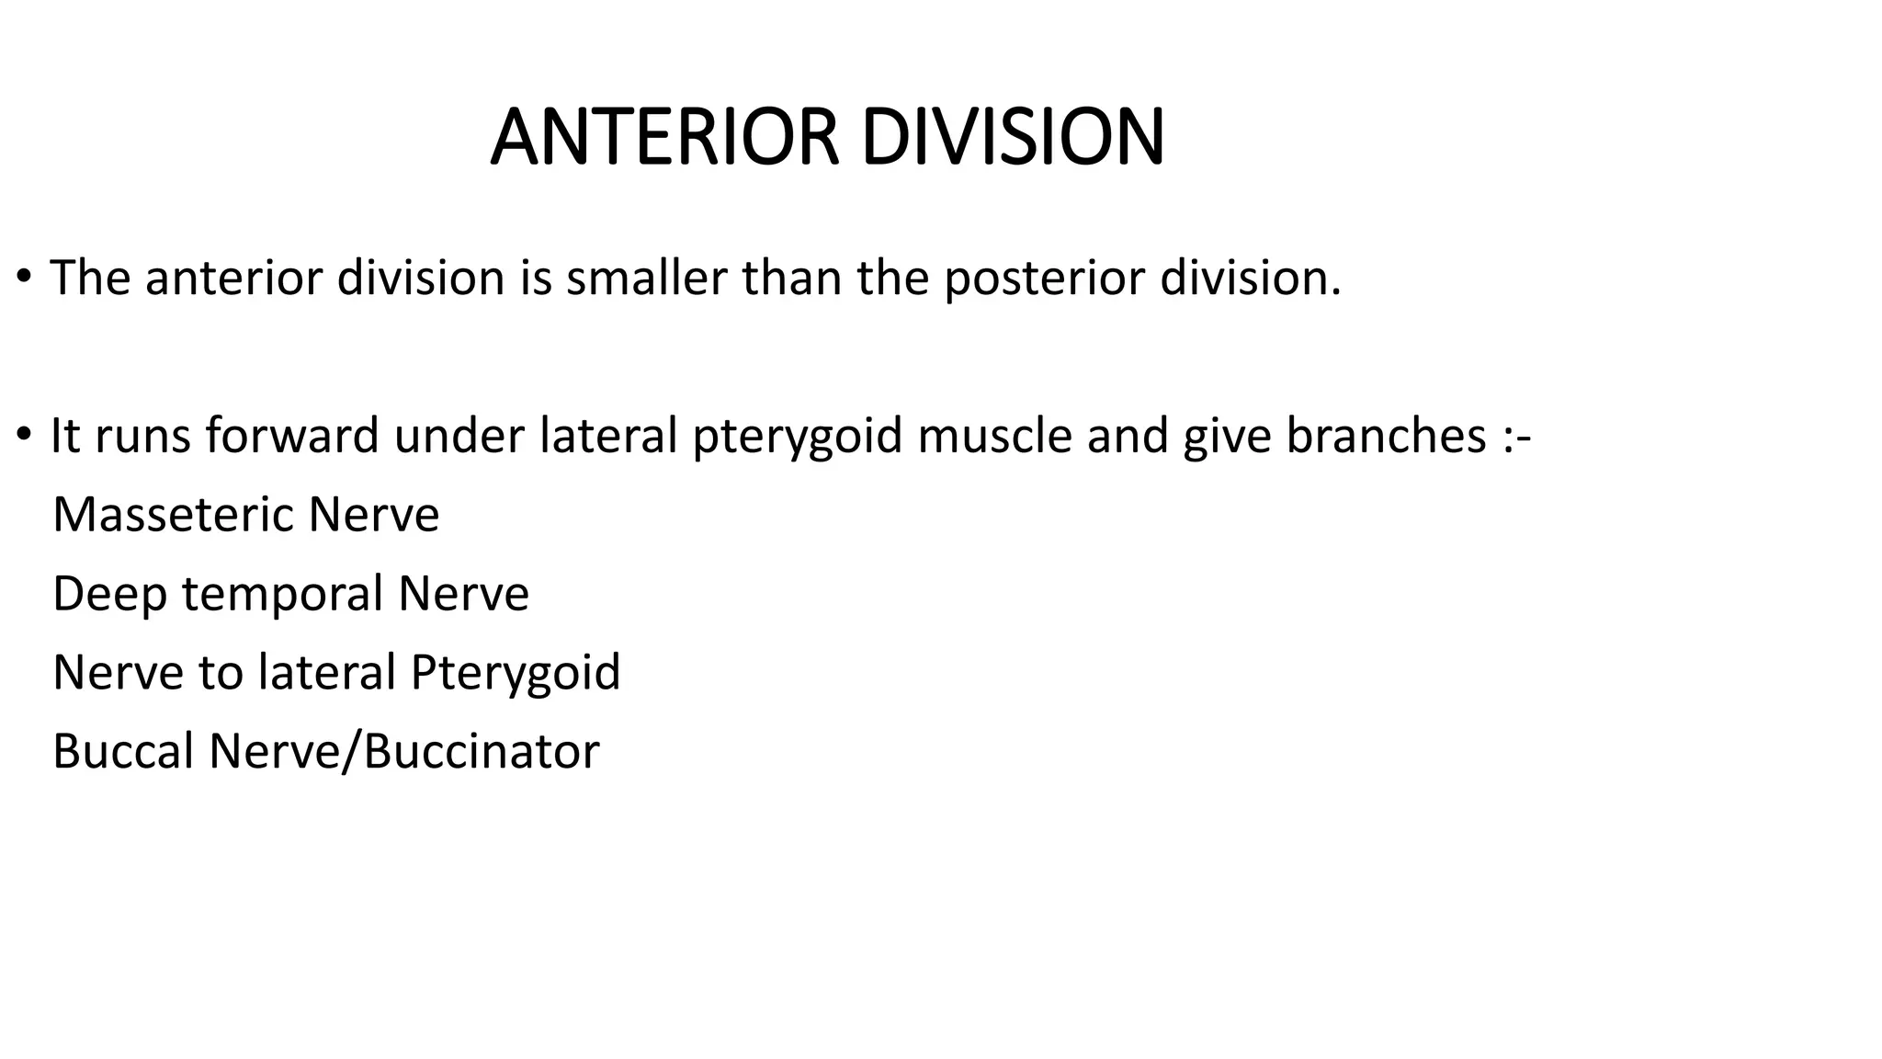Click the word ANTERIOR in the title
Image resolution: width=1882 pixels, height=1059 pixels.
tap(665, 138)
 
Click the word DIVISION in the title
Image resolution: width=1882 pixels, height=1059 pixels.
tap(1013, 138)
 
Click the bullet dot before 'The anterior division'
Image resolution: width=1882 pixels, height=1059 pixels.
tap(24, 276)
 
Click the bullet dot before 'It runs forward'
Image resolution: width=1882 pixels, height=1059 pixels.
tap(24, 434)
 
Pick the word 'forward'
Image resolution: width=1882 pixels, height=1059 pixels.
tap(292, 436)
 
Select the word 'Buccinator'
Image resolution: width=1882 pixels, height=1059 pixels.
tap(482, 752)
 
